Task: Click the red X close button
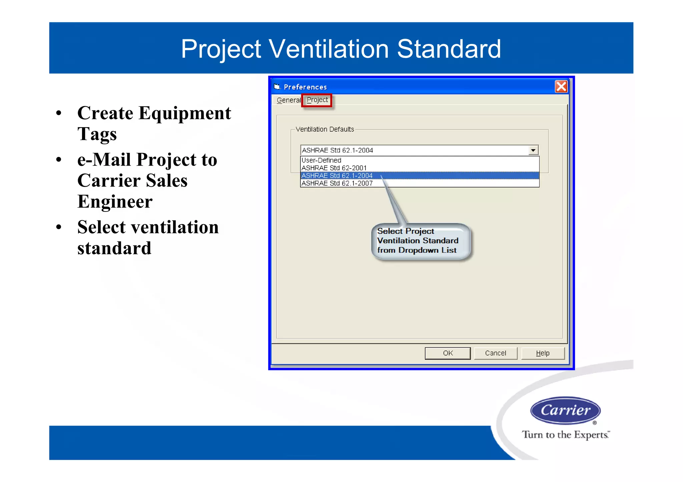pyautogui.click(x=561, y=87)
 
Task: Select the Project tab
pyautogui.click(x=317, y=100)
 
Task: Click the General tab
pyautogui.click(x=288, y=100)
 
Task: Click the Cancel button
pyautogui.click(x=495, y=353)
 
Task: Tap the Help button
pyautogui.click(x=543, y=353)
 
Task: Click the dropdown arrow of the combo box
pyautogui.click(x=533, y=150)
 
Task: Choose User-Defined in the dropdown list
pyautogui.click(x=321, y=160)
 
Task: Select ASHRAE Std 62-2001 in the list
pyautogui.click(x=334, y=168)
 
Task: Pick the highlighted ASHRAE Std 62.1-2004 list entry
pyautogui.click(x=337, y=176)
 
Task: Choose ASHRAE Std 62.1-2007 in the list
pyautogui.click(x=337, y=183)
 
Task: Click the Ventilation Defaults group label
pyautogui.click(x=324, y=129)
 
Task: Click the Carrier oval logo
pyautogui.click(x=565, y=410)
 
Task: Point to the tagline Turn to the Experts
pyautogui.click(x=565, y=435)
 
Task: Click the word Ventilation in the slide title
pyautogui.click(x=328, y=49)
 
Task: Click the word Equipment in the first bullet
pyautogui.click(x=185, y=113)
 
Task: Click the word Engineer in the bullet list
pyautogui.click(x=115, y=202)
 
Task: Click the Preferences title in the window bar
pyautogui.click(x=305, y=87)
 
